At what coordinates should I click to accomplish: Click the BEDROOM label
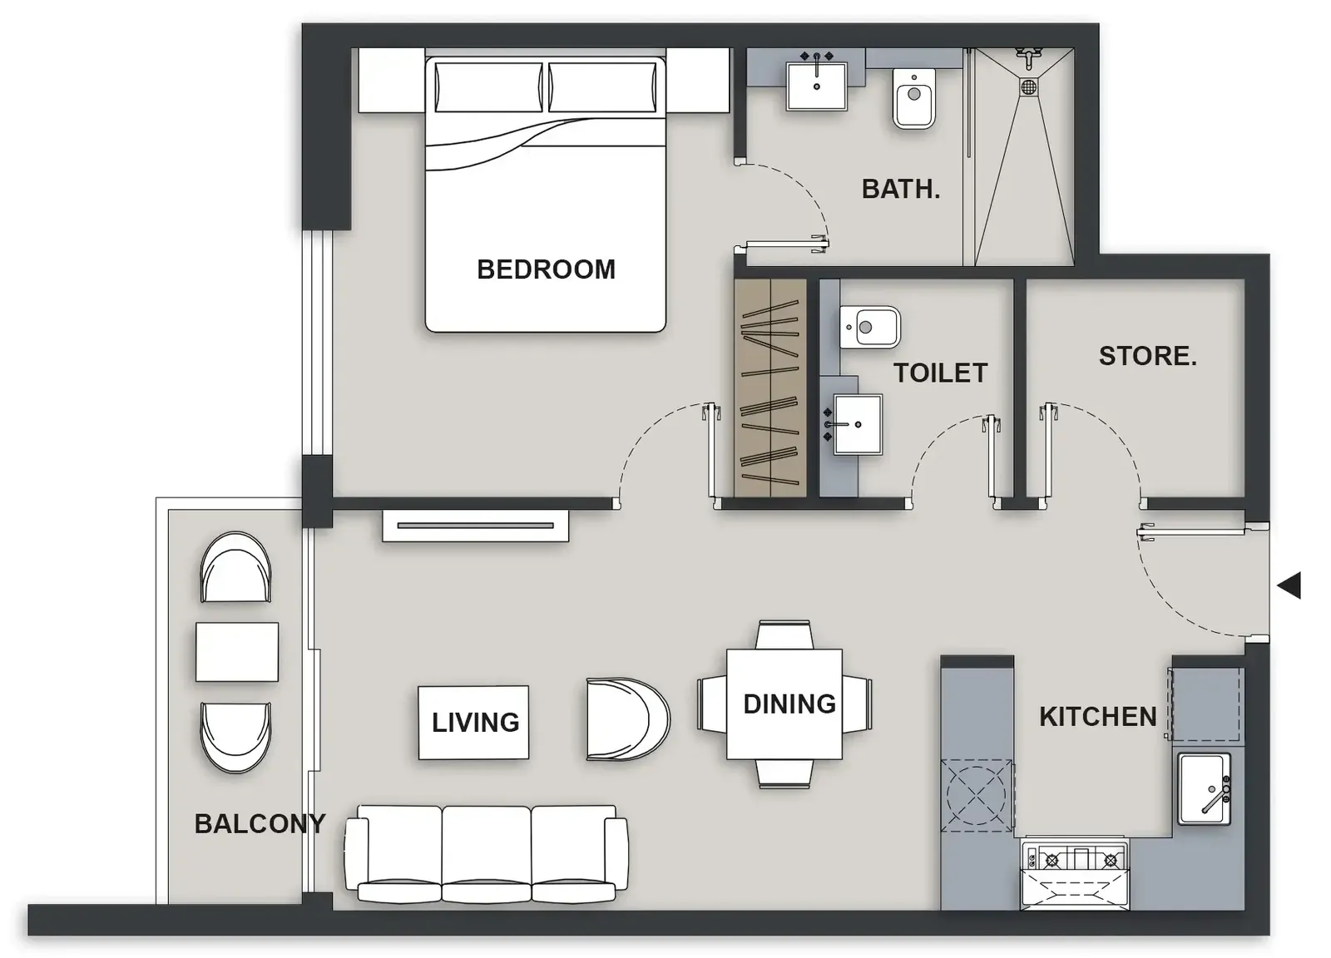[546, 269]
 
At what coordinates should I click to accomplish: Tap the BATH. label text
[901, 190]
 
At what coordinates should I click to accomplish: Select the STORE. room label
[1147, 357]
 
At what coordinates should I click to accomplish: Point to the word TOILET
[941, 373]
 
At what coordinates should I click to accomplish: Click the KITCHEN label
[1098, 717]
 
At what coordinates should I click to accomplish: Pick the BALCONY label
[260, 824]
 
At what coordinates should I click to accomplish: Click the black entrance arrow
[1289, 585]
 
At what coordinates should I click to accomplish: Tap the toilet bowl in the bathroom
[914, 99]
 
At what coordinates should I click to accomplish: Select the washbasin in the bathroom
[816, 86]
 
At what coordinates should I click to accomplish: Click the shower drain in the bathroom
[1029, 87]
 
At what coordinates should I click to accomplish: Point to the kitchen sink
[1205, 788]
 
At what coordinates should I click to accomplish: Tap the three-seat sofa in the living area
[486, 855]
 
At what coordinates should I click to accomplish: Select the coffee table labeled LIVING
[473, 723]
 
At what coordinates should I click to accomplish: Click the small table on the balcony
[237, 651]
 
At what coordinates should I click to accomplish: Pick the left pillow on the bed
[488, 86]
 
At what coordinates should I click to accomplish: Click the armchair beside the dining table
[628, 719]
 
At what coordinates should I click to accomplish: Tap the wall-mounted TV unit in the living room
[475, 526]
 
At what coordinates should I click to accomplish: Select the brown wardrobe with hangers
[770, 388]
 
